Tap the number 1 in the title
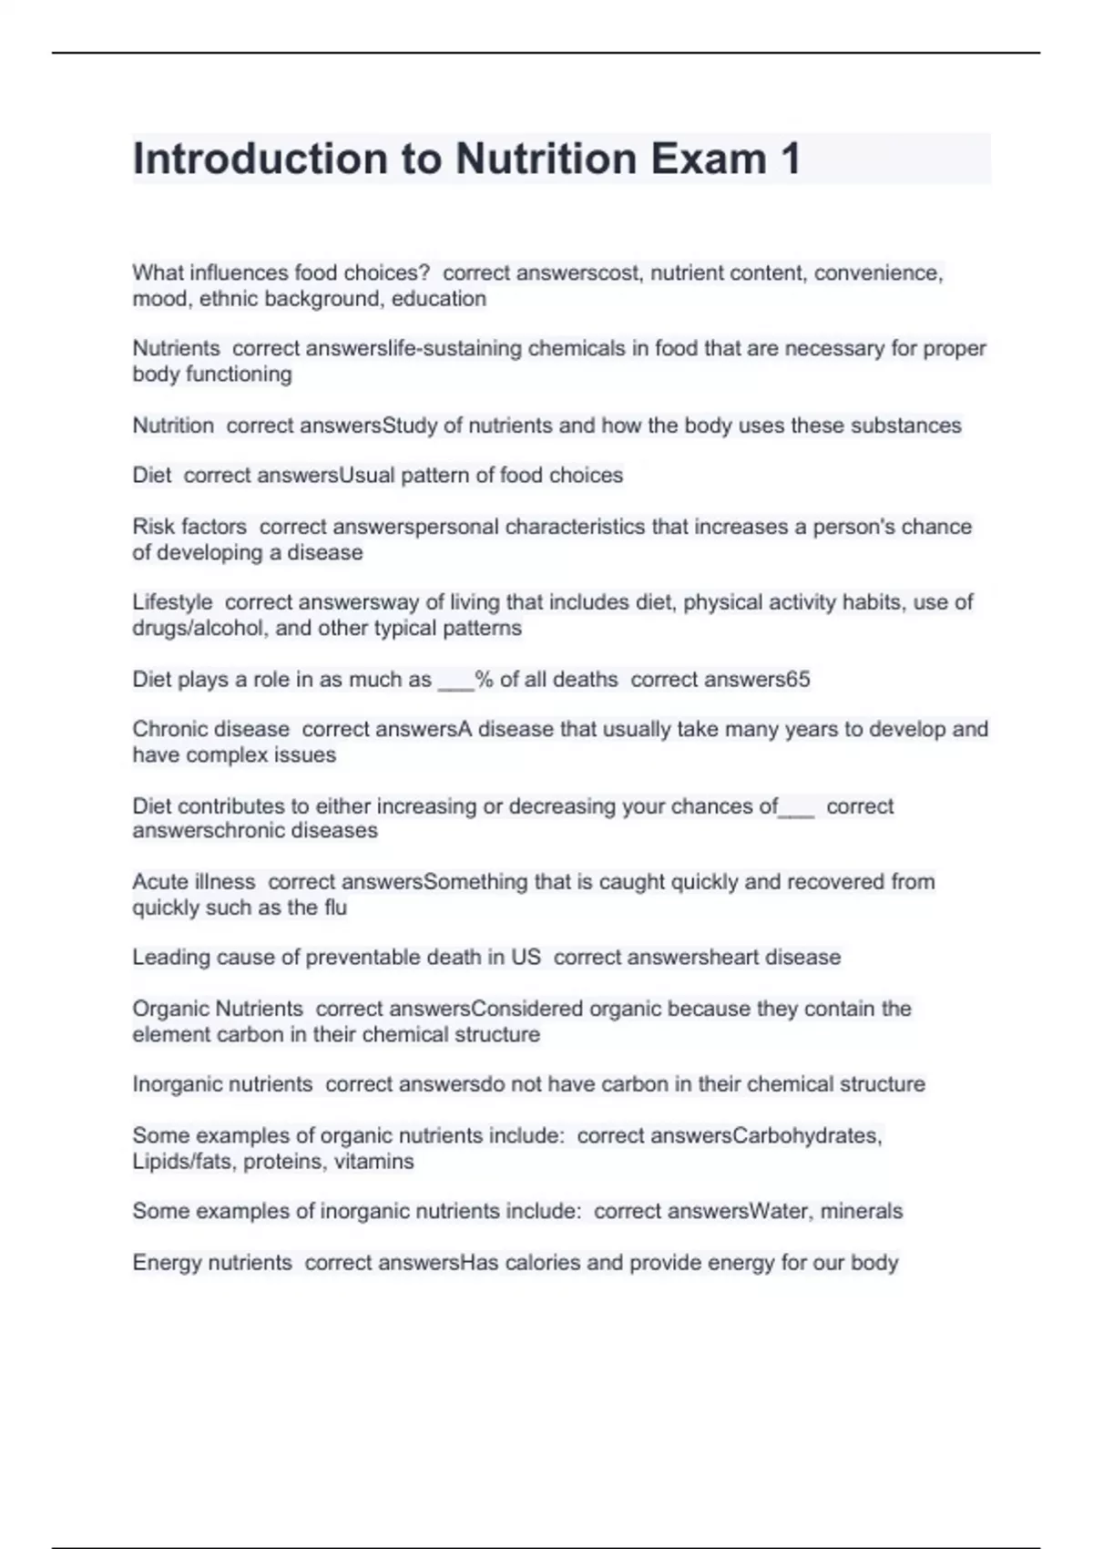tap(790, 159)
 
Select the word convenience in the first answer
tap(878, 272)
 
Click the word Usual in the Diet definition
tap(366, 475)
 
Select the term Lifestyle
tap(172, 602)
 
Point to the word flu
tap(335, 908)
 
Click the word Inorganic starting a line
tap(177, 1084)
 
